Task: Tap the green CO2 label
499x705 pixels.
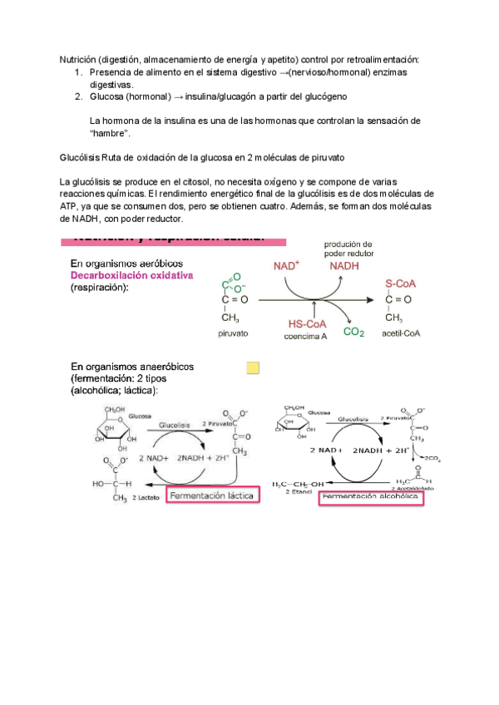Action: (353, 332)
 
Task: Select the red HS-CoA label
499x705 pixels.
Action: (307, 324)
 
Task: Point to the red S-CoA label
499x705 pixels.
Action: (401, 283)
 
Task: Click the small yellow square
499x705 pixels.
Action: (253, 367)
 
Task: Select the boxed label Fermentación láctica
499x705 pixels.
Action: (211, 495)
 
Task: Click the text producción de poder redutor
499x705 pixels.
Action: (348, 248)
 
